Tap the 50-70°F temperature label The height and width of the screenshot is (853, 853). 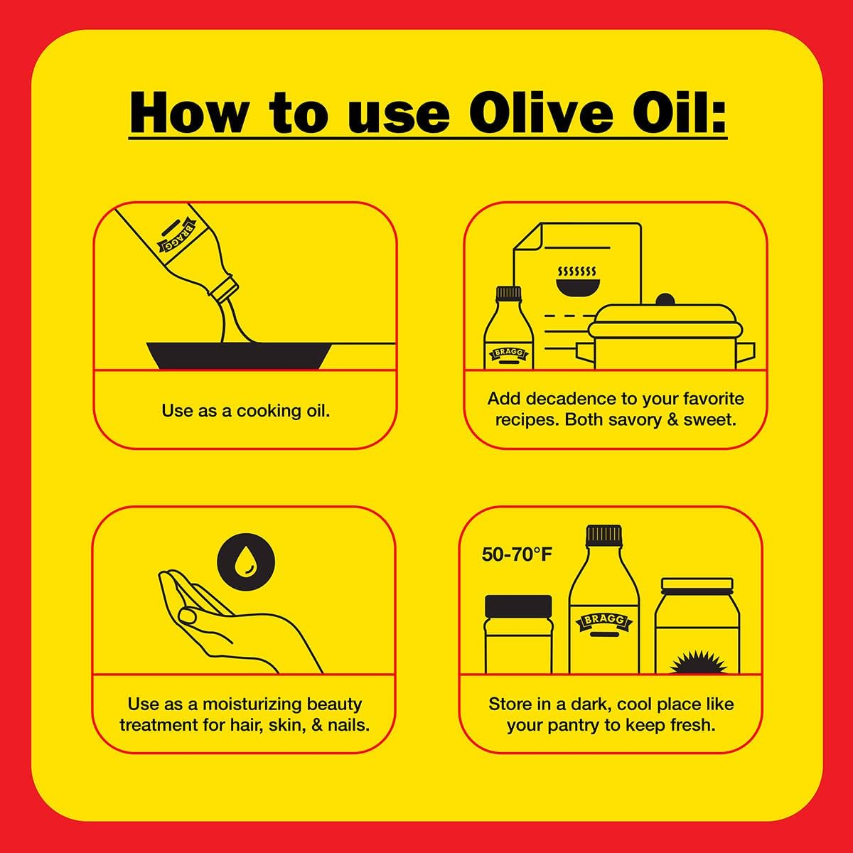(517, 554)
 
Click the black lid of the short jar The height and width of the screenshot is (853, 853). (518, 606)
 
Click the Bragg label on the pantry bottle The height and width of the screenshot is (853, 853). (603, 621)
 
